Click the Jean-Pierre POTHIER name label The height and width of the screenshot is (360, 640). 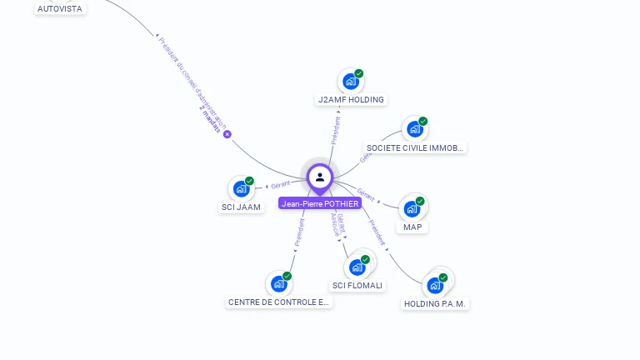[320, 203]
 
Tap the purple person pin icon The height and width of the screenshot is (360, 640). [320, 177]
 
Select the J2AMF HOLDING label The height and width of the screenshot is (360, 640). [351, 100]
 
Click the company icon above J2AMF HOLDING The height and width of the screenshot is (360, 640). [351, 82]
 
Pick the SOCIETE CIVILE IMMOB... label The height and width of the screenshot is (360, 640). [415, 147]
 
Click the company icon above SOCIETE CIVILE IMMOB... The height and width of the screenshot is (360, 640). [414, 129]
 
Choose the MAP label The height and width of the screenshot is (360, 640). [412, 227]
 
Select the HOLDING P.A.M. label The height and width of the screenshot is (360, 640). [435, 304]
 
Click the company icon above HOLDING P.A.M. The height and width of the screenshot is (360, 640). [434, 286]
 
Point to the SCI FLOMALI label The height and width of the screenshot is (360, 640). [357, 285]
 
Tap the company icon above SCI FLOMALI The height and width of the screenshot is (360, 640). [357, 267]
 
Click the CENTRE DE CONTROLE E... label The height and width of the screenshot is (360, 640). [279, 302]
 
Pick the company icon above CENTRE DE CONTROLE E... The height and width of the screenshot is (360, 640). [278, 284]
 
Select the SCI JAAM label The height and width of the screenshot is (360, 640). [242, 207]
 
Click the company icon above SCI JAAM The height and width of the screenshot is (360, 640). [241, 189]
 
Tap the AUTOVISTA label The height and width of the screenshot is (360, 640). [61, 8]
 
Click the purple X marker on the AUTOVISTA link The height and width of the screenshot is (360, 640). [227, 134]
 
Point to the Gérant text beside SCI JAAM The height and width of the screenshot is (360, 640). [280, 186]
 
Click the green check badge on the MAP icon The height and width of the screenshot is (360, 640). [420, 201]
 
